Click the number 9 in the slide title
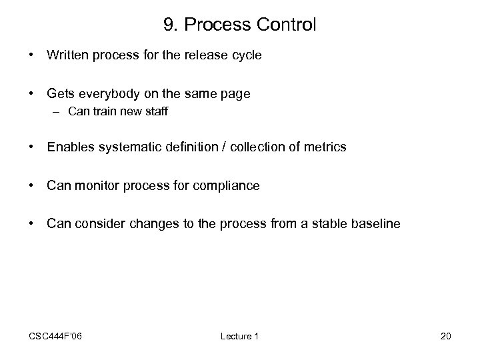pos(167,25)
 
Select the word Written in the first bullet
pos(69,55)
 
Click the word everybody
pos(112,94)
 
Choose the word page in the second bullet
pos(237,94)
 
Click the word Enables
pos(70,147)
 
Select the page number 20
pos(446,337)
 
